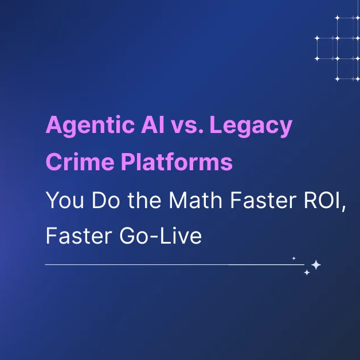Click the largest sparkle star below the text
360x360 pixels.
click(x=315, y=265)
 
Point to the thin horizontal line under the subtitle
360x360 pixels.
click(x=172, y=265)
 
